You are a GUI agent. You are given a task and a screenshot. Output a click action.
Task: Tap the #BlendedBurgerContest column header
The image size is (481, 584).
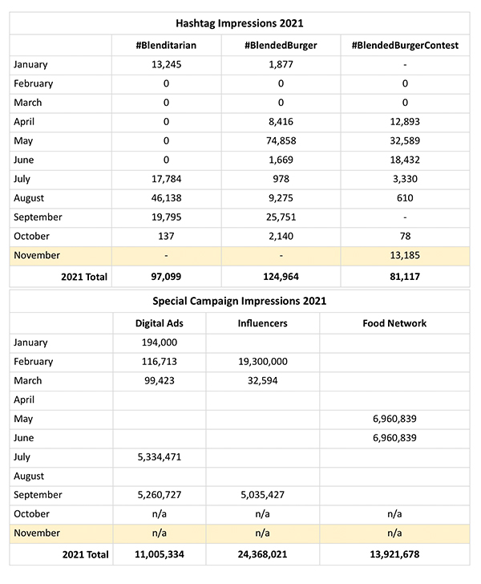point(405,46)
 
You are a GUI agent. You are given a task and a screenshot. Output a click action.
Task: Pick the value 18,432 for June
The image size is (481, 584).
point(405,160)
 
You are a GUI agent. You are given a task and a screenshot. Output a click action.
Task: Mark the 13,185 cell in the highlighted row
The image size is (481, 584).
point(405,255)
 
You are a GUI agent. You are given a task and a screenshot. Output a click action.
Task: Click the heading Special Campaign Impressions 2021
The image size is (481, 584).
point(240,302)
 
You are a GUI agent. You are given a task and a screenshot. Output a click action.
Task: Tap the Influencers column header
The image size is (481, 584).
point(262,323)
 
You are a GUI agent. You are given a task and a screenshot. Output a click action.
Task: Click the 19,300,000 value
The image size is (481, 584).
point(262,362)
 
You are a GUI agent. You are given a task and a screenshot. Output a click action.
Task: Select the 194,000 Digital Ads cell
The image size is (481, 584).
point(159,343)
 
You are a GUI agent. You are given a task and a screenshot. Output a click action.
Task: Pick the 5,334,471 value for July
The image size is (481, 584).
point(159,456)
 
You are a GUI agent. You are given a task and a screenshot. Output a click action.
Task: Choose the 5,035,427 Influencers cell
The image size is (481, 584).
point(262,495)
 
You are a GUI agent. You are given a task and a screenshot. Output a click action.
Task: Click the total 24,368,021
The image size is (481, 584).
point(262,554)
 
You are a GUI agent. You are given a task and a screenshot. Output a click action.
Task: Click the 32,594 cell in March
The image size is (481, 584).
point(262,380)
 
